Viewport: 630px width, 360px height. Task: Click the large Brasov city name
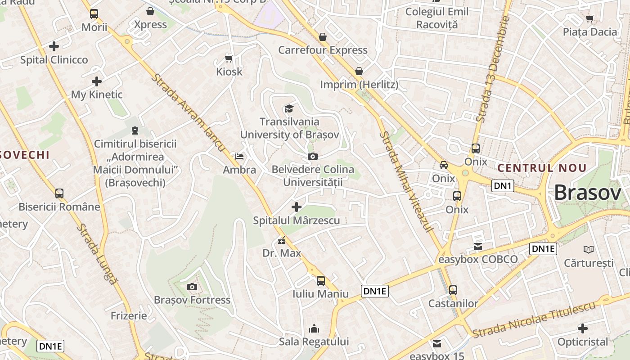click(587, 193)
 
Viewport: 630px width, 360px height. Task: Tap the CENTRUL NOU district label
click(542, 168)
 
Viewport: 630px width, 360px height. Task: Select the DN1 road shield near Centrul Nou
click(502, 186)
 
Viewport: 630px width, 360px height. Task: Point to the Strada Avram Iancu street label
click(188, 112)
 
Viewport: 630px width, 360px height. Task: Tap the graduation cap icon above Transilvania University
click(288, 108)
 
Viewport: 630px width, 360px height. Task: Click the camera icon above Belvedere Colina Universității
click(312, 156)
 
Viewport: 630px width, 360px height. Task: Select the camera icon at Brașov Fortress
click(192, 287)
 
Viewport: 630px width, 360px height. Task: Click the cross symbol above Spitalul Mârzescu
click(297, 207)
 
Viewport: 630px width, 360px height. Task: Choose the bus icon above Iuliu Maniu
click(320, 281)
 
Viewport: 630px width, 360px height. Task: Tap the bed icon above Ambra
click(239, 157)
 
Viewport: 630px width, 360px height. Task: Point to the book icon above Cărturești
click(588, 249)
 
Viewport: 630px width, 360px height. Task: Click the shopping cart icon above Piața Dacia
click(589, 18)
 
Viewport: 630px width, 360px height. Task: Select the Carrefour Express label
click(323, 50)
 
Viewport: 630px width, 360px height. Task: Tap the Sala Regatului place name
click(314, 342)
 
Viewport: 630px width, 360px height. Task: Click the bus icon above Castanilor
click(453, 290)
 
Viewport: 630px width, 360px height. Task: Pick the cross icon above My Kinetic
click(96, 81)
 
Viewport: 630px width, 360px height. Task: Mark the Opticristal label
click(582, 342)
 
